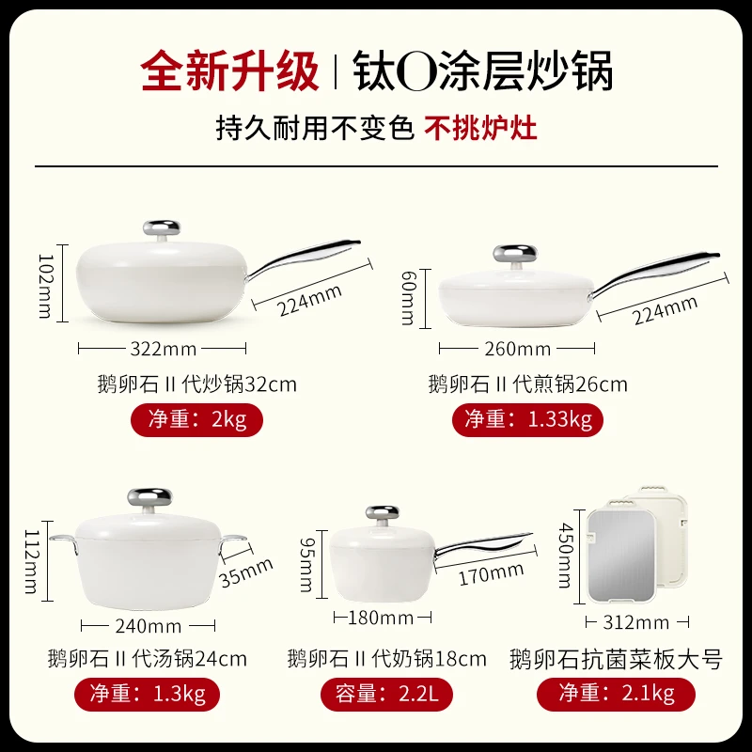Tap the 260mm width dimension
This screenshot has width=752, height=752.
tap(517, 350)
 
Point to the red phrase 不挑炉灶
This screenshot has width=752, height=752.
tap(481, 127)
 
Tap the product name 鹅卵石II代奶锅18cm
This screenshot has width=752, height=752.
tap(387, 658)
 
